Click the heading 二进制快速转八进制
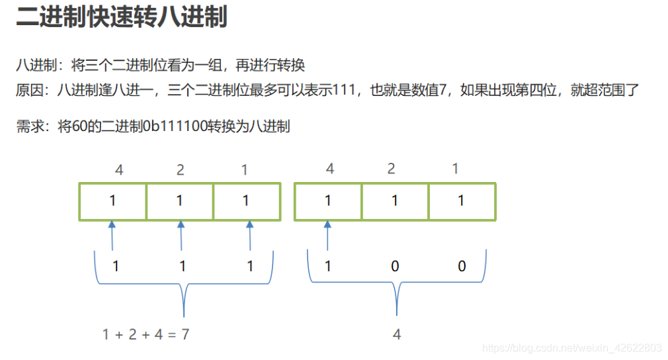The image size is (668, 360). pyautogui.click(x=122, y=18)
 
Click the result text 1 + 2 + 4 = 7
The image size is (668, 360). pyautogui.click(x=146, y=334)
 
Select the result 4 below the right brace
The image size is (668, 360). pyautogui.click(x=397, y=334)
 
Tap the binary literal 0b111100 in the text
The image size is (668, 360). pyautogui.click(x=171, y=126)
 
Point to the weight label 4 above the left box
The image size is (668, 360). pyautogui.click(x=119, y=170)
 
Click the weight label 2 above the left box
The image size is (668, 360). pyautogui.click(x=180, y=170)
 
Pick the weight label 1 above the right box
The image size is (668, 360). pyautogui.click(x=455, y=169)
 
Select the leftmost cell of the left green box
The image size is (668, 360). pyautogui.click(x=113, y=201)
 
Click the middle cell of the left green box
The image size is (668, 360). pyautogui.click(x=180, y=201)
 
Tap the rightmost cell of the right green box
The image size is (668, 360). pyautogui.click(x=462, y=201)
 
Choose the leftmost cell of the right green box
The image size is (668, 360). pyautogui.click(x=328, y=201)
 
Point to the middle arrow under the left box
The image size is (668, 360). pyautogui.click(x=181, y=236)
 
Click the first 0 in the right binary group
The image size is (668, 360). pyautogui.click(x=396, y=266)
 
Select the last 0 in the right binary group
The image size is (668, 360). pyautogui.click(x=462, y=266)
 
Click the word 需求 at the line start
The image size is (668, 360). pyautogui.click(x=29, y=126)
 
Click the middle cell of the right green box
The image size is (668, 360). pyautogui.click(x=395, y=201)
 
